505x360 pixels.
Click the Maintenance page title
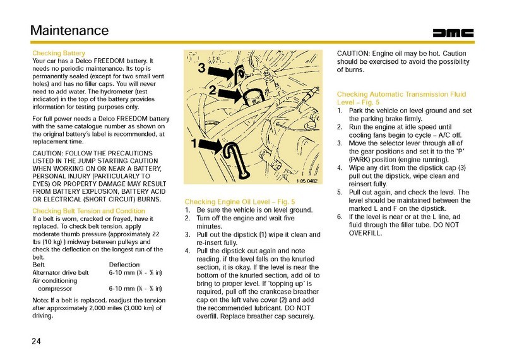coord(69,30)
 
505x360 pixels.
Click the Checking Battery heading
coord(58,52)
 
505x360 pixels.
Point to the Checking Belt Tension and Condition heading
coord(88,210)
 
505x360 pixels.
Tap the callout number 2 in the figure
coord(213,90)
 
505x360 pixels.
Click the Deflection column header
coord(124,265)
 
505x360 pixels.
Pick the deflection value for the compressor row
coord(135,288)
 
